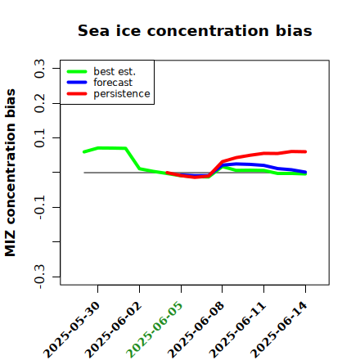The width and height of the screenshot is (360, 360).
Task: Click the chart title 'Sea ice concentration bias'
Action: pos(195,30)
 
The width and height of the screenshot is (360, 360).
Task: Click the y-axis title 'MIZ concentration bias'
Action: pos(11,173)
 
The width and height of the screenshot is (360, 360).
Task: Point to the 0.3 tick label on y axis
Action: pos(39,69)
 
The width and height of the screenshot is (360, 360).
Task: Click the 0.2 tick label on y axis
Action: pos(39,103)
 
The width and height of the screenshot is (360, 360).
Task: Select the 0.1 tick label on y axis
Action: pos(39,138)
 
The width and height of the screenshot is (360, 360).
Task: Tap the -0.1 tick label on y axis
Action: pos(39,207)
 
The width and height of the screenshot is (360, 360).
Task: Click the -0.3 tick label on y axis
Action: pos(39,277)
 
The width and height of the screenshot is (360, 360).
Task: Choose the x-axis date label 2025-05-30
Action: pos(72,330)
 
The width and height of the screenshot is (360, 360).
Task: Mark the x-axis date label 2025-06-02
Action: pos(113,330)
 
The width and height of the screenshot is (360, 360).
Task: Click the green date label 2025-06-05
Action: pos(155,330)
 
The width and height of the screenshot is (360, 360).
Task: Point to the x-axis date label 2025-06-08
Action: pos(196,330)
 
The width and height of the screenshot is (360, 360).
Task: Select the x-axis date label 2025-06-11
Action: pos(237,330)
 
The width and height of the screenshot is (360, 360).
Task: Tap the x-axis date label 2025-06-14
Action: pos(279,330)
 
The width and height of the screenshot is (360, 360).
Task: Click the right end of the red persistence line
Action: pos(305,151)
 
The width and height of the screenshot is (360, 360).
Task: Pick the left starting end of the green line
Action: pos(84,152)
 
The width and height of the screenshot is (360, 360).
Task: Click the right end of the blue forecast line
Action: pos(305,172)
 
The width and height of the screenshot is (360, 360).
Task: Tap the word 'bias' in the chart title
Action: pos(294,30)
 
